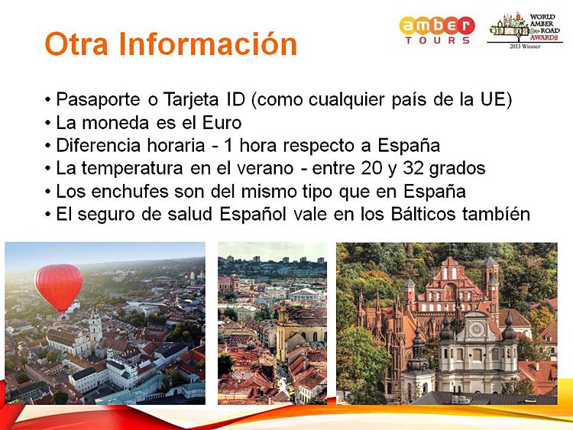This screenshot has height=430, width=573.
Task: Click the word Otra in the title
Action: click(x=76, y=44)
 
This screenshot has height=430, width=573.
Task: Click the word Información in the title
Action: click(x=208, y=43)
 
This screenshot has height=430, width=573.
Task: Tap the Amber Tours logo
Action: click(x=437, y=30)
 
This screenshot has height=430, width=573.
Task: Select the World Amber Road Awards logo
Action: click(x=525, y=31)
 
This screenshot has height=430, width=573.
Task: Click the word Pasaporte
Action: click(x=99, y=99)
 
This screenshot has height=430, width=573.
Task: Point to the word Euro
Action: click(x=222, y=123)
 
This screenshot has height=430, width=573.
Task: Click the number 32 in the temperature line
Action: click(x=413, y=168)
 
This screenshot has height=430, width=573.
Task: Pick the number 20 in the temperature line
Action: click(x=371, y=168)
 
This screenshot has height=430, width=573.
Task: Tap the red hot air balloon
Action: click(x=59, y=289)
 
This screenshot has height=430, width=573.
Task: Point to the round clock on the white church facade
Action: click(x=477, y=330)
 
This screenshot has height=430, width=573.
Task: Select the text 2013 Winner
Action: click(x=525, y=47)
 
